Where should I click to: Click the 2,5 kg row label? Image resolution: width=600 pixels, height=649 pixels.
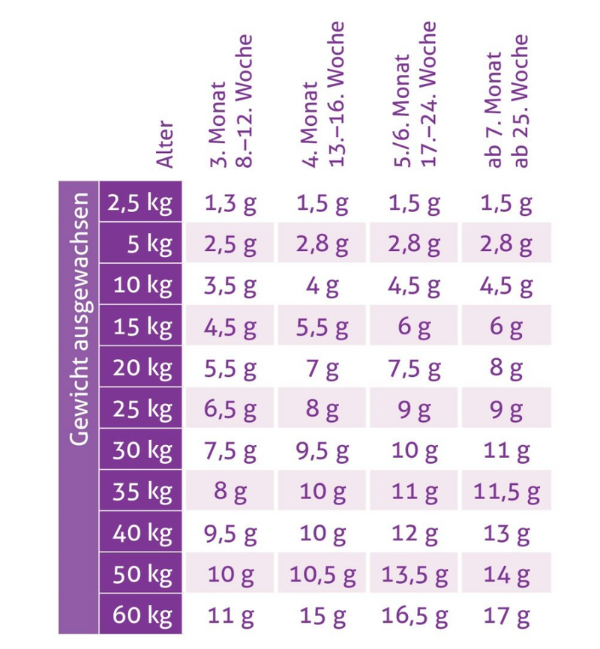click(140, 203)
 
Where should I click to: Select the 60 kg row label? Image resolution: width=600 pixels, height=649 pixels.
click(142, 615)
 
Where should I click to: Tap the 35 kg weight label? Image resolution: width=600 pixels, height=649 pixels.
click(142, 492)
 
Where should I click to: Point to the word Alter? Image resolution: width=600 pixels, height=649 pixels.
click(164, 144)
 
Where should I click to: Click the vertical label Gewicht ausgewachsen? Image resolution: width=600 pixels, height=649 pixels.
click(79, 319)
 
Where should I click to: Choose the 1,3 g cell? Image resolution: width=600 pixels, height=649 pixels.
click(230, 204)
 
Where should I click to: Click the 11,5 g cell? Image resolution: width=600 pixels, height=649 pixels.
click(506, 492)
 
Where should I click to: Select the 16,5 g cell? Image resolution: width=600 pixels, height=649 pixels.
click(414, 615)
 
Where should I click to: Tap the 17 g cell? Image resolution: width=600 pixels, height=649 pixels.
click(506, 615)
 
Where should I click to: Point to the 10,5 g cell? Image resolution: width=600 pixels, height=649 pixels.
click(322, 575)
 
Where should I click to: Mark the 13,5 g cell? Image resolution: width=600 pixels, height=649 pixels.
click(414, 575)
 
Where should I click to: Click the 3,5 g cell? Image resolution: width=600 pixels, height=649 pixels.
click(230, 286)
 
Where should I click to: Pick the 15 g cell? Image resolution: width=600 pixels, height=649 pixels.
click(322, 615)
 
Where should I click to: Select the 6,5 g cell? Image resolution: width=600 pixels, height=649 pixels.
click(230, 409)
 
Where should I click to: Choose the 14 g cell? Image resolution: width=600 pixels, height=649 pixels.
click(506, 575)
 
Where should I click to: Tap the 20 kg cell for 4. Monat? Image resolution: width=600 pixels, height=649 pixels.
click(322, 369)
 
